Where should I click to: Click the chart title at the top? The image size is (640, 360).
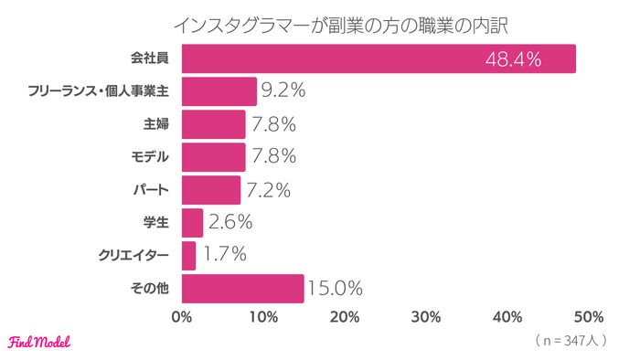(320, 21)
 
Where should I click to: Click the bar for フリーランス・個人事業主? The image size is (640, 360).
(219, 91)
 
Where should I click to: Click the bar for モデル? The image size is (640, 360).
(214, 157)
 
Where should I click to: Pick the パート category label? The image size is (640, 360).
(152, 190)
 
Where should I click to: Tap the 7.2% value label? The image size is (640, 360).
(268, 190)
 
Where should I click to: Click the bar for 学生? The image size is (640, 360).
(192, 222)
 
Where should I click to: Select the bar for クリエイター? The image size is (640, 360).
(189, 255)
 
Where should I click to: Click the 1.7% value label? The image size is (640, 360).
(222, 255)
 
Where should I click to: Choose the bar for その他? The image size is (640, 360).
(242, 288)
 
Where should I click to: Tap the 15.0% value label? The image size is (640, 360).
(334, 288)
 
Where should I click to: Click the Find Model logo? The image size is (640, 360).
(38, 342)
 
